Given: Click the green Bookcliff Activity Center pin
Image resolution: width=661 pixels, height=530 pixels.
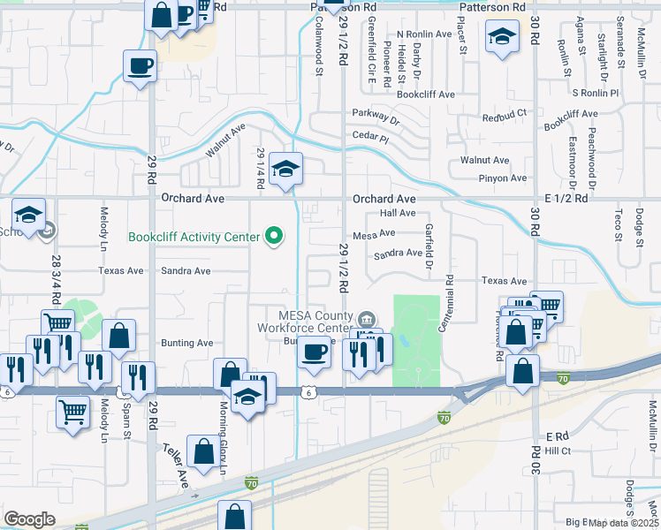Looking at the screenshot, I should [x=275, y=236].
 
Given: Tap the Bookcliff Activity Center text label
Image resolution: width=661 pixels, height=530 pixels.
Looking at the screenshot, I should [x=194, y=237].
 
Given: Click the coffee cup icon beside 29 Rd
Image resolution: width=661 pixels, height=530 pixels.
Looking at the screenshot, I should [x=141, y=65].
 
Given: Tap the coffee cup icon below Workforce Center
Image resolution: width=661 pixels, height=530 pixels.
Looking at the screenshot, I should [x=314, y=352].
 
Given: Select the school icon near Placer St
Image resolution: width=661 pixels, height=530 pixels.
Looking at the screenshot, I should [x=502, y=38].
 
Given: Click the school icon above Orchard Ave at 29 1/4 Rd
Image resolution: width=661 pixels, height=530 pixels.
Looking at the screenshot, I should [x=286, y=167].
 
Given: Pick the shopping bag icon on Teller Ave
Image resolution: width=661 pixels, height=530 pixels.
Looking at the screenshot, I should [x=204, y=451].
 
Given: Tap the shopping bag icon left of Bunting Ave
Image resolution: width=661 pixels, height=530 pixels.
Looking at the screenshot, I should [x=119, y=336].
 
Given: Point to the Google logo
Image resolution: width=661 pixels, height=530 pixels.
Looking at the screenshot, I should [x=30, y=519].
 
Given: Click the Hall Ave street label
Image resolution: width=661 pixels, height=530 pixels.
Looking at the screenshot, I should [x=397, y=214].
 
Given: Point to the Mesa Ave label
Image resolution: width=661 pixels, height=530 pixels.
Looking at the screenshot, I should [x=373, y=235].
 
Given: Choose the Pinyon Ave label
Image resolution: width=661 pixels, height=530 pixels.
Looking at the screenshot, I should [x=503, y=178].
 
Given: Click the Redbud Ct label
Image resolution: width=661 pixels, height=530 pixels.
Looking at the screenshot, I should [x=504, y=116].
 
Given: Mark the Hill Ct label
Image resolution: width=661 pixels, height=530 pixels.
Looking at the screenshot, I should [x=558, y=450].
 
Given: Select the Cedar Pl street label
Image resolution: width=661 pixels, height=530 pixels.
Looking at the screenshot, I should [x=370, y=137].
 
